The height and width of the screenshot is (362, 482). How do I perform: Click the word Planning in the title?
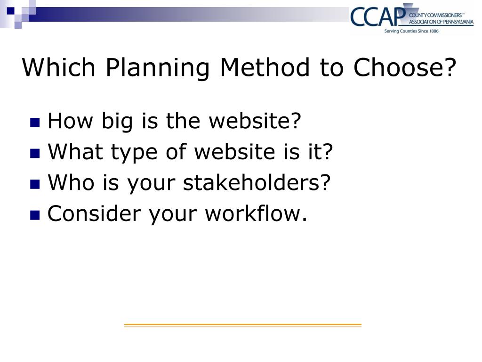158,68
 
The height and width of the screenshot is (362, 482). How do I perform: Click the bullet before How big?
35,123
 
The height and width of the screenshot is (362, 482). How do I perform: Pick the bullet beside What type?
35,154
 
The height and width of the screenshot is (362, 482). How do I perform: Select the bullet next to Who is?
35,184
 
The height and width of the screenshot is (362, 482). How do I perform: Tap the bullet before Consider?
35,215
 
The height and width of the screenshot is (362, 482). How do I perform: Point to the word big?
117,121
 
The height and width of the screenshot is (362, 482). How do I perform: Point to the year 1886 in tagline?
434,31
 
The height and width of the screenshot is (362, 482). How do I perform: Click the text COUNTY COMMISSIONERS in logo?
435,15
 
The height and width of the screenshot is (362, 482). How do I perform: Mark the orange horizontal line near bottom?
243,324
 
